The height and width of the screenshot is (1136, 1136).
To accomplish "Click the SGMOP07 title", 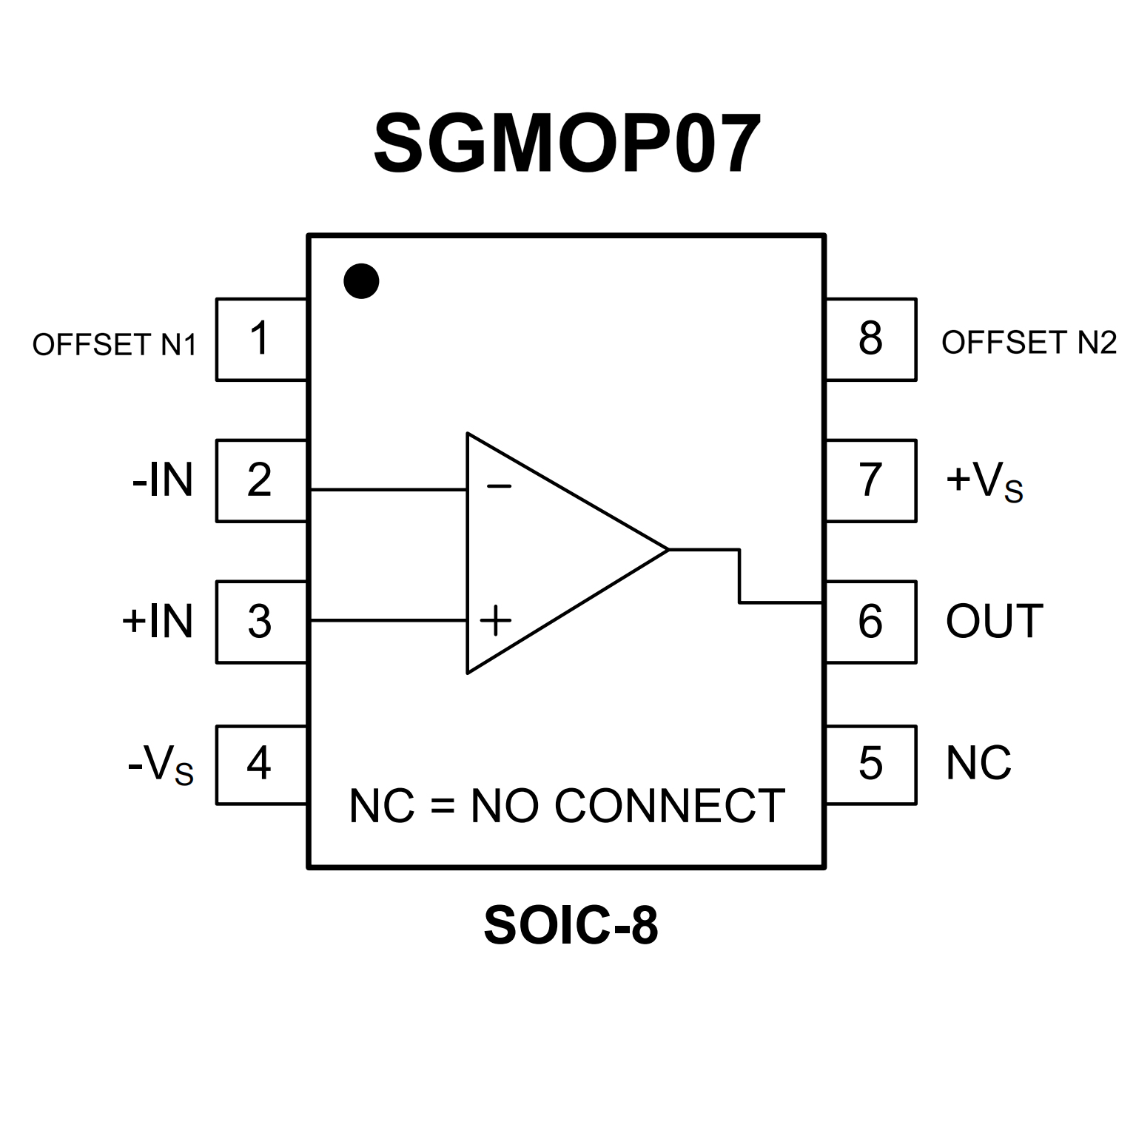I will [x=567, y=144].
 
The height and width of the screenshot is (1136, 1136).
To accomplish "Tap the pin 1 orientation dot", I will [x=362, y=281].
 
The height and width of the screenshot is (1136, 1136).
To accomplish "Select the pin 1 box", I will [x=261, y=340].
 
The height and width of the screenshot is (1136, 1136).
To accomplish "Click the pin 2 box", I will [x=261, y=480].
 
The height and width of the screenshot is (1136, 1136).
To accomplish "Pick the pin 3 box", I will [x=261, y=622].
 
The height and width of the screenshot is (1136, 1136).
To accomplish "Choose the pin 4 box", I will [x=261, y=764].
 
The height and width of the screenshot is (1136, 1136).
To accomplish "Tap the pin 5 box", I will [x=871, y=764].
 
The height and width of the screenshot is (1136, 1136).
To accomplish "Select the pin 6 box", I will [x=871, y=622].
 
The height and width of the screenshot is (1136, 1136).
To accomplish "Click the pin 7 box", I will [x=871, y=480].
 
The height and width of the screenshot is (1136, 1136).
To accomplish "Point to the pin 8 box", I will [x=871, y=340].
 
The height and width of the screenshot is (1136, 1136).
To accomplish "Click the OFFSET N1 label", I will [x=115, y=345].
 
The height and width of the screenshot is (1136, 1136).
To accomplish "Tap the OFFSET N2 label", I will [x=1029, y=343].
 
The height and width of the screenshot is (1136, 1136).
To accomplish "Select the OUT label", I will [x=994, y=622].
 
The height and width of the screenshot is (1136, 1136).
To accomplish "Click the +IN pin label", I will [x=158, y=622].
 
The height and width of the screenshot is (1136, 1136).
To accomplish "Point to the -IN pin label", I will [x=163, y=480].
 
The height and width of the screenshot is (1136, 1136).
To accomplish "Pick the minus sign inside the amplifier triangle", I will [x=499, y=486].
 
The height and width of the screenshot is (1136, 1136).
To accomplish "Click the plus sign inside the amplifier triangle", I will [x=496, y=621].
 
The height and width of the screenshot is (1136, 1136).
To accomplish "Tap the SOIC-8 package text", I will [x=571, y=926].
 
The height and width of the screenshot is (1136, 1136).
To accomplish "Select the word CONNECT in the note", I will [x=669, y=806].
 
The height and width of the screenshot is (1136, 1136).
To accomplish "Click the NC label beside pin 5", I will [x=978, y=763].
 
